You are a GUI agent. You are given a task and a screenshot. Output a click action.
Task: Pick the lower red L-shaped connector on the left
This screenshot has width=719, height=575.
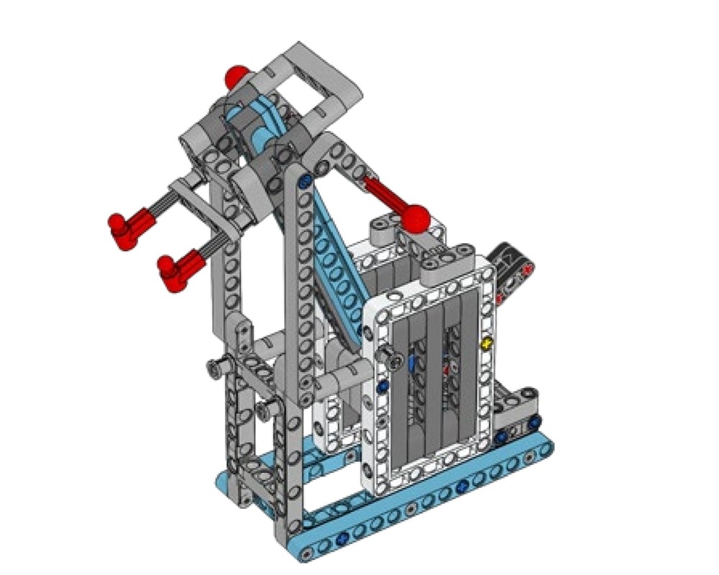click(175, 272)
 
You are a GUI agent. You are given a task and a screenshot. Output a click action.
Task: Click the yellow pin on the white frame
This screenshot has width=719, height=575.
click(488, 344)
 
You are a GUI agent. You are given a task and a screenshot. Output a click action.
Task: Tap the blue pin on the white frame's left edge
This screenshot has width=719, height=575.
click(382, 387)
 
